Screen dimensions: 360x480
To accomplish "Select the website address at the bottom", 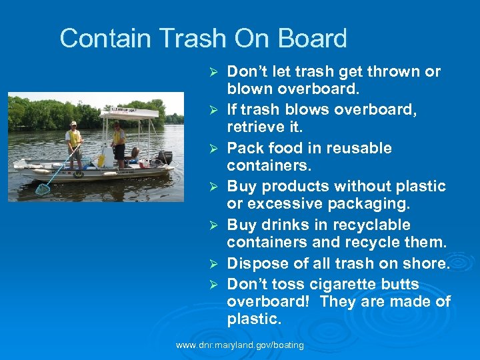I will pos(239,345).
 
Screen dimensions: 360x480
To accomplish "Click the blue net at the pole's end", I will pos(43,189).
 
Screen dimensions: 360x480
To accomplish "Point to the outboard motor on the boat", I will pos(164,157).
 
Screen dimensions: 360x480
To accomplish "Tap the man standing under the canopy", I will pos(118,141).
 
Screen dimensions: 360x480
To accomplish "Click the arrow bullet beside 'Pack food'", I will pos(214,149).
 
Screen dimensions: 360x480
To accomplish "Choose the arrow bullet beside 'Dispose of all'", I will pos(214,264).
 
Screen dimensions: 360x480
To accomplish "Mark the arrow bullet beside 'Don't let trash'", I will pos(214,72).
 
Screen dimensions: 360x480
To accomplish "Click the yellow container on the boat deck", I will pos(101,160).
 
